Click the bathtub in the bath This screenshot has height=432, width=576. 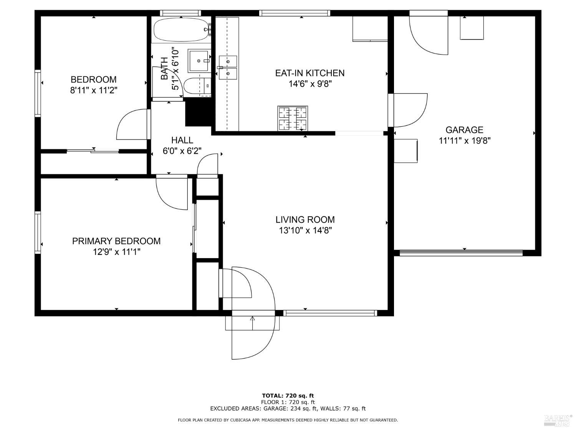182,30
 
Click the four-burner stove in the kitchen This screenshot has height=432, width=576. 293,118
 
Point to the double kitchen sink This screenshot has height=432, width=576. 228,68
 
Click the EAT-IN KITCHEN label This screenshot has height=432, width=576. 310,73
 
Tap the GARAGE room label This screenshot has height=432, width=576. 464,130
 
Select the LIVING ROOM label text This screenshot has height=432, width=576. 305,220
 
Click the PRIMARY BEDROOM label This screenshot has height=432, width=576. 116,241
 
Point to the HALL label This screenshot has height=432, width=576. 182,140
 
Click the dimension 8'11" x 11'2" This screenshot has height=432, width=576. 93,91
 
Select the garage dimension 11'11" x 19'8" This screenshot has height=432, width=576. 465,141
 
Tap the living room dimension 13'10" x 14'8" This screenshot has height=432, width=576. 305,230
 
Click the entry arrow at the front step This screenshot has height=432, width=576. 252,323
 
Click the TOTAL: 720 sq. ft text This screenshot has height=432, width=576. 288,396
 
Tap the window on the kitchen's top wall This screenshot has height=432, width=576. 295,13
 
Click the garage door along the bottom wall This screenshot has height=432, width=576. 461,253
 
